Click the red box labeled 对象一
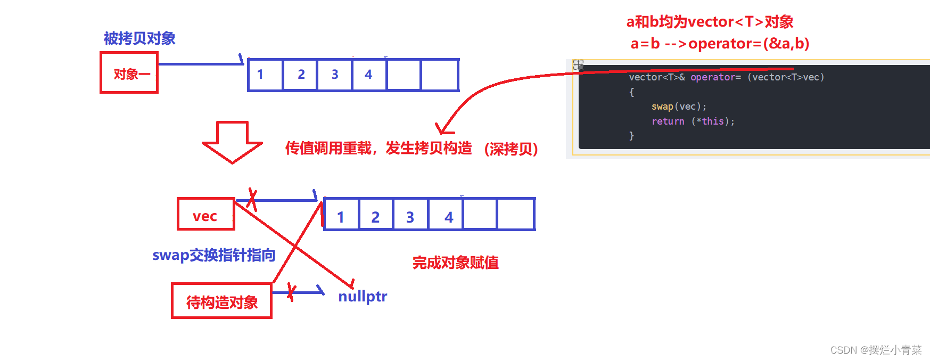coord(129,73)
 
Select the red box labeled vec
coord(205,214)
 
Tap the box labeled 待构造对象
coord(221,301)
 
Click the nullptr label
coord(363,296)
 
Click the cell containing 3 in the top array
coord(334,75)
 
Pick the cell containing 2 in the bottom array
coord(376,215)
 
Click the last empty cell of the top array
coord(440,75)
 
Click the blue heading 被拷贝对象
coord(139,38)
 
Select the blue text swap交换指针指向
coord(213,255)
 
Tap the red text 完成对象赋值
coord(456,263)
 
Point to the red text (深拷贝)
coord(511,149)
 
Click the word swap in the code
coord(662,107)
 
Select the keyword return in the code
coord(668,121)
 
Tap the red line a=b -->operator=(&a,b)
coord(720,44)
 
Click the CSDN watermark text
coord(876,350)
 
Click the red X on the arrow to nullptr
coord(291,291)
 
